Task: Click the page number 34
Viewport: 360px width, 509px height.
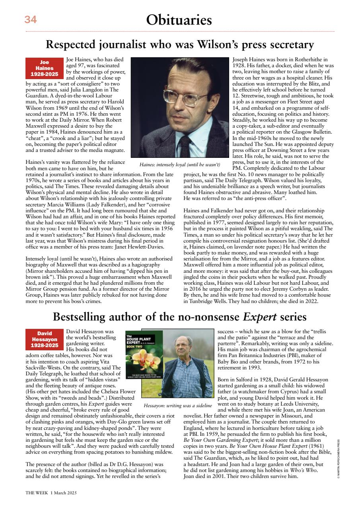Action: (30, 20)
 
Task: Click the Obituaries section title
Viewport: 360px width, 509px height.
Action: (179, 20)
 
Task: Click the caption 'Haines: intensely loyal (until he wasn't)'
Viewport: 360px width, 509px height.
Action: (180, 164)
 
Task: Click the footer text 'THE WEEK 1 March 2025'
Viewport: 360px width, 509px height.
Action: (51, 492)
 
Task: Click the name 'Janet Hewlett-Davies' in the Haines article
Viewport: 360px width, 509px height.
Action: (146, 247)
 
